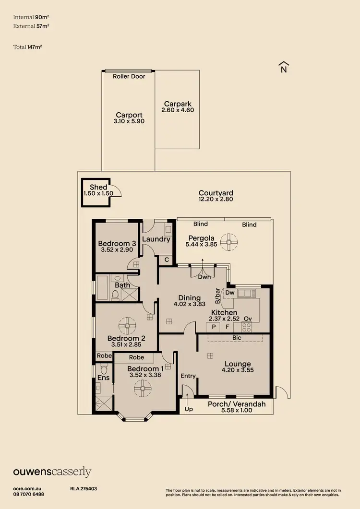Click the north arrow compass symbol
point(283,68)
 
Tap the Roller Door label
point(129,76)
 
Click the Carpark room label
point(178,104)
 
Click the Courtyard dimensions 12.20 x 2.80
point(216,199)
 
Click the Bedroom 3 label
point(117,243)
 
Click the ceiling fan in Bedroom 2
point(127,325)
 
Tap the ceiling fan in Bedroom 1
point(143,389)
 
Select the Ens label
point(103,378)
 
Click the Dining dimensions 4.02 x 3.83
point(189,304)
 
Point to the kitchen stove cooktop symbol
point(247,327)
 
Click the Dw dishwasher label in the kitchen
point(229,292)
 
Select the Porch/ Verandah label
point(236,404)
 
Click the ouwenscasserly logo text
point(52,472)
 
